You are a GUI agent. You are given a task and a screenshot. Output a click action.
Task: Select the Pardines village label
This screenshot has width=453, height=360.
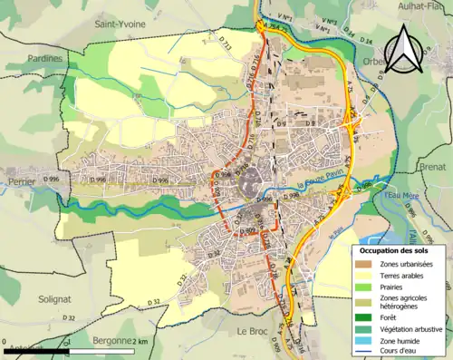click(x=43, y=58)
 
